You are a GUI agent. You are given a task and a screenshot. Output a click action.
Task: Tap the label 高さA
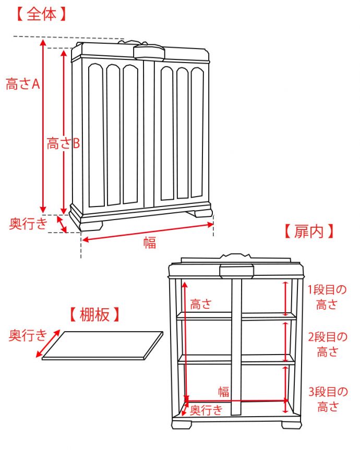point(22,83)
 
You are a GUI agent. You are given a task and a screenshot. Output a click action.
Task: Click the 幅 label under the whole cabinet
point(150,242)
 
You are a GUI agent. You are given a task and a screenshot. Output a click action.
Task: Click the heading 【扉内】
point(307,232)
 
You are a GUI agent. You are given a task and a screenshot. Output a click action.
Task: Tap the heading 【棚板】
point(94,314)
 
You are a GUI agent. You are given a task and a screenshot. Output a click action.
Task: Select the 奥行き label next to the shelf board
point(28,335)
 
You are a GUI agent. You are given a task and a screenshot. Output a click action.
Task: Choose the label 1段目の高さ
point(327,297)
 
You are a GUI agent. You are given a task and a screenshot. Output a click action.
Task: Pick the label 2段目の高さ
point(327,345)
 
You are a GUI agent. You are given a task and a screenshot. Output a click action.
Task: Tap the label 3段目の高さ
point(327,399)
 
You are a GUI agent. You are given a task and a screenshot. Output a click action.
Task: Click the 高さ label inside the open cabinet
point(201,304)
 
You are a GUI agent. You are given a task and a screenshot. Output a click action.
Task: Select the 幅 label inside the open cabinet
point(224,392)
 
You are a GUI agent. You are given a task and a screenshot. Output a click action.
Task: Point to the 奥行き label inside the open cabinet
point(207,410)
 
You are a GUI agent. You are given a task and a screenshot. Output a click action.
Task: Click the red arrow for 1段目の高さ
point(285,298)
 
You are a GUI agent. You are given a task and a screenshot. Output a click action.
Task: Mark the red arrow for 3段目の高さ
point(285,383)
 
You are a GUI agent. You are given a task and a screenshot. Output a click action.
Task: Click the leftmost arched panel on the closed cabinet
point(96,135)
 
